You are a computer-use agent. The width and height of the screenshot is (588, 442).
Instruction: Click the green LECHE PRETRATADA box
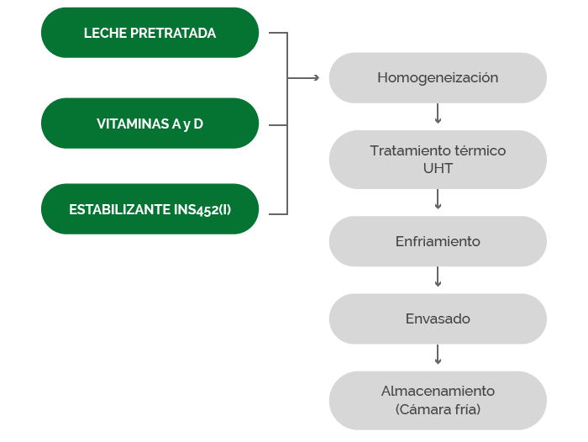[x=150, y=33]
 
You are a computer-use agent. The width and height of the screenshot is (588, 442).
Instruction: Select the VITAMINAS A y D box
[x=150, y=124]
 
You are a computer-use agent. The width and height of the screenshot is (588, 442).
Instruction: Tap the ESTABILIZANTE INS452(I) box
[x=150, y=209]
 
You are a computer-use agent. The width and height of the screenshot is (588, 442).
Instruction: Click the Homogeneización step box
[x=438, y=77]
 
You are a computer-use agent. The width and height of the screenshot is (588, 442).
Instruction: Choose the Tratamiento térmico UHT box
[x=438, y=160]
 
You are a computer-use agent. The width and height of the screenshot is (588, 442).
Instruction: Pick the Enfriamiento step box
[x=438, y=241]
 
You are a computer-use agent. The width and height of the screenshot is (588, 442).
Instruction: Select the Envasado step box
[x=438, y=319]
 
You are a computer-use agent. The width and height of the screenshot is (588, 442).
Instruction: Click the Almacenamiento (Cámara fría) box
[x=438, y=400]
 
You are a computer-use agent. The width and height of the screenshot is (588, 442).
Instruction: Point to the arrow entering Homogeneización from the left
[x=303, y=77]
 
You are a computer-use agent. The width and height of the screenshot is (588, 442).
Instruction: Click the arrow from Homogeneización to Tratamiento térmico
[x=438, y=113]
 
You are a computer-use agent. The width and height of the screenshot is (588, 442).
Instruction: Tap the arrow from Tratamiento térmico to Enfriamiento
[x=438, y=199]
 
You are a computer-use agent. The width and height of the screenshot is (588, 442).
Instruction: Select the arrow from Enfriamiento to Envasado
[x=438, y=277]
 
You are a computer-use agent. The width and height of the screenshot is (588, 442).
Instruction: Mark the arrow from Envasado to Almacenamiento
[x=438, y=355]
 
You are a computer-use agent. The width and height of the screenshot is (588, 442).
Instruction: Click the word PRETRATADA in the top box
[x=173, y=33]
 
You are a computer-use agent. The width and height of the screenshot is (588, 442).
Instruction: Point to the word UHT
[x=438, y=168]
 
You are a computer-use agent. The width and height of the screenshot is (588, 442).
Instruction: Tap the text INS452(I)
[x=202, y=210]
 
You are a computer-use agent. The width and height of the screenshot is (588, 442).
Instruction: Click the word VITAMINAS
[x=133, y=124]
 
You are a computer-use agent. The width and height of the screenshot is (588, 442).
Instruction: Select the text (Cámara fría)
[x=438, y=409]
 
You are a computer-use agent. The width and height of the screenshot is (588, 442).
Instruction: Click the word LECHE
[x=105, y=33]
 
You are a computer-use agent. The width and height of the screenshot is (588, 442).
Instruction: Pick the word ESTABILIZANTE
[x=119, y=209]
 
